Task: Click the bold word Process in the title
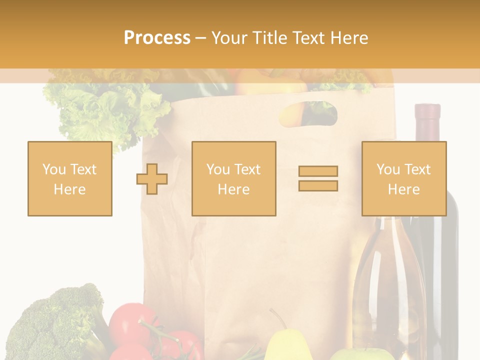(157, 38)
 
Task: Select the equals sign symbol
(318, 178)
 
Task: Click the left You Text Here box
(69, 178)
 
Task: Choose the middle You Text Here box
(233, 178)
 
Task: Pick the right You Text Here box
(403, 178)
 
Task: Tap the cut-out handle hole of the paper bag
(307, 113)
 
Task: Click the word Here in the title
(350, 38)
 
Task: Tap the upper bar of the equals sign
(318, 171)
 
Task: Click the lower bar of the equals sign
(318, 185)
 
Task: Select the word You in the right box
(388, 169)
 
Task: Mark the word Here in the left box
(69, 189)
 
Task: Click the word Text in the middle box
(247, 169)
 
